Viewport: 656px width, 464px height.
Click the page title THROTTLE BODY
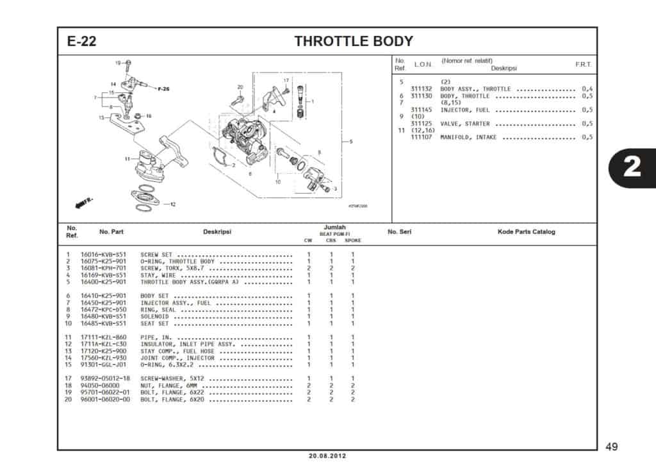[x=353, y=42]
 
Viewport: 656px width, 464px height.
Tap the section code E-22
[x=82, y=42]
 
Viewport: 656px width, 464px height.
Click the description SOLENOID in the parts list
[x=154, y=316]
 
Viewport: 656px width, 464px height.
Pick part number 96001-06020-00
[x=105, y=399]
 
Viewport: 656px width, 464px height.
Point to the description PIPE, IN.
[x=156, y=337]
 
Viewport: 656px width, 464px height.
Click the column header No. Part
[x=111, y=231]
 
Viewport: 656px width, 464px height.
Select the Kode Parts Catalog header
[x=526, y=231]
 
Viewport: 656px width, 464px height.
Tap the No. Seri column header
[x=399, y=231]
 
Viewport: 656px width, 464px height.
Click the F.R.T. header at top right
[x=583, y=65]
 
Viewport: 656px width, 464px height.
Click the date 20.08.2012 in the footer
[x=327, y=456]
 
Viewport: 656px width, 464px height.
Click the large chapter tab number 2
[x=632, y=167]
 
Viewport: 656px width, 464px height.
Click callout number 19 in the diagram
[x=119, y=63]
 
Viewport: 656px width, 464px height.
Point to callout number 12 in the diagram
[x=172, y=204]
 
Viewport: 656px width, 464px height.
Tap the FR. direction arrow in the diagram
[x=84, y=203]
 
